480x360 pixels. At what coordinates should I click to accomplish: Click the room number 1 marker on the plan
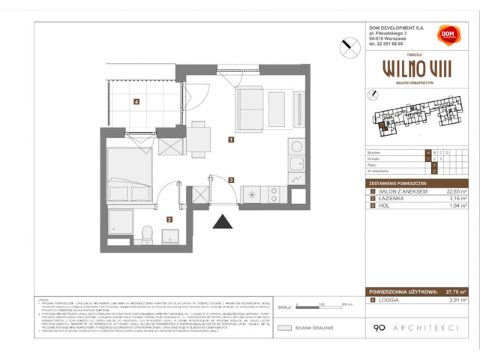(232, 139)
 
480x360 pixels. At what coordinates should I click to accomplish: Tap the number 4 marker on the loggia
(136, 102)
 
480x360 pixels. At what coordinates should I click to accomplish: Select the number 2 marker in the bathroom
(169, 220)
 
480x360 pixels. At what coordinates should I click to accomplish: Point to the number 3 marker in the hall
(232, 180)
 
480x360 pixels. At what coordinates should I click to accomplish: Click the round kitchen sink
(296, 146)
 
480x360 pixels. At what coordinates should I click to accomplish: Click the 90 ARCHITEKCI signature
(407, 327)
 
